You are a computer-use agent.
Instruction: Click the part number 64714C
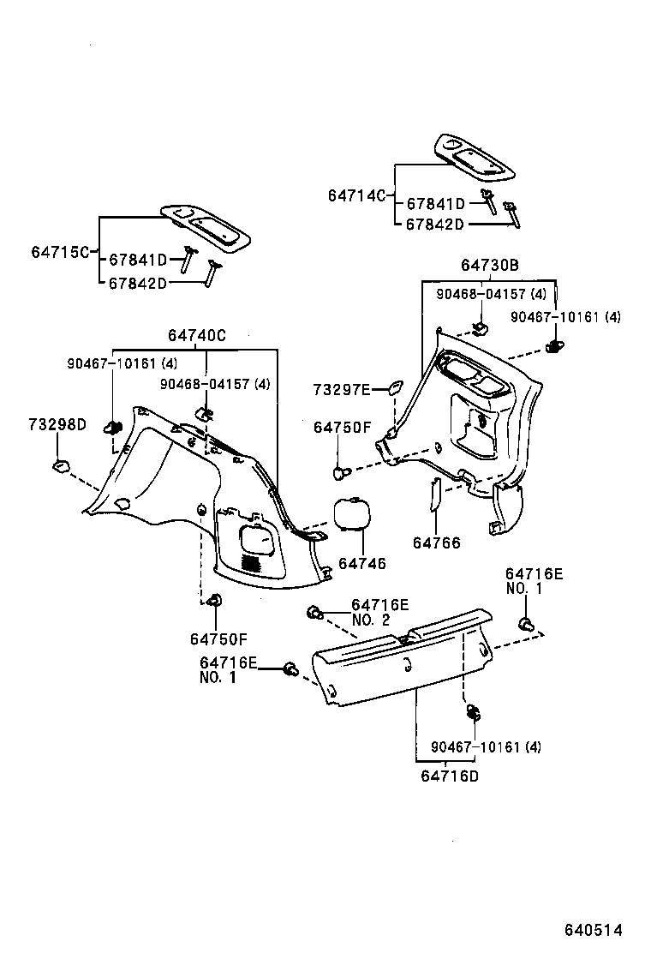[356, 195]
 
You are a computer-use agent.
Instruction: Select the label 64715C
[60, 252]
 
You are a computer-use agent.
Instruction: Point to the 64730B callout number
[489, 267]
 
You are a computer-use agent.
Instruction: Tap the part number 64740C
[196, 337]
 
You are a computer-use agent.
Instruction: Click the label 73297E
[341, 390]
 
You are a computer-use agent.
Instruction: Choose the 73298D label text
[57, 425]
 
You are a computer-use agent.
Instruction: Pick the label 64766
[436, 542]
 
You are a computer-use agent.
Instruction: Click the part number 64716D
[450, 776]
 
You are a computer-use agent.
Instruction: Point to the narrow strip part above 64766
[433, 494]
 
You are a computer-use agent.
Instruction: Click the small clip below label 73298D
[58, 465]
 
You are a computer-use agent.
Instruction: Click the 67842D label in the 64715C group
[136, 283]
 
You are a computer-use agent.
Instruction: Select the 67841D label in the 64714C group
[435, 204]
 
